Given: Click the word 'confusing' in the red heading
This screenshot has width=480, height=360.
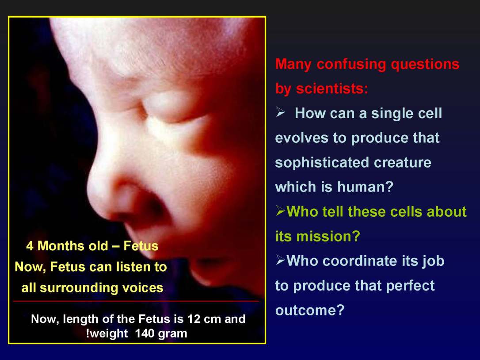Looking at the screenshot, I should pyautogui.click(x=352, y=65).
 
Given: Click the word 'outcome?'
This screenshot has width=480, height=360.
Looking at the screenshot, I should pyautogui.click(x=309, y=310).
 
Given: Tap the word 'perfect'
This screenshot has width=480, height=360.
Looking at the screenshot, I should pyautogui.click(x=410, y=286).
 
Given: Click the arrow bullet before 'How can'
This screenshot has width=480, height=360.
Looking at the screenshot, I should pyautogui.click(x=280, y=114).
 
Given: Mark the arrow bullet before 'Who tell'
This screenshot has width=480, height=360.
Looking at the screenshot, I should pyautogui.click(x=280, y=212).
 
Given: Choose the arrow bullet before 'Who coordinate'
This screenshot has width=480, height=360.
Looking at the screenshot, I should pyautogui.click(x=280, y=261).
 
